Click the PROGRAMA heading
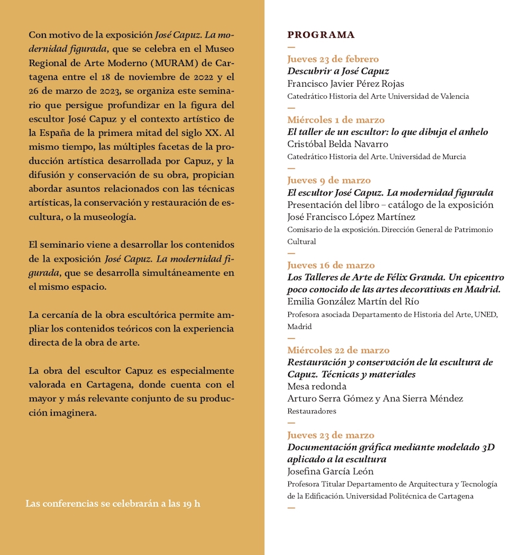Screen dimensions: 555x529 pyautogui.click(x=321, y=35)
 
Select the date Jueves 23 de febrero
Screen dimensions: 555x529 pyautogui.click(x=333, y=59)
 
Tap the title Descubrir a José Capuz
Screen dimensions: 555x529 pyautogui.click(x=338, y=71)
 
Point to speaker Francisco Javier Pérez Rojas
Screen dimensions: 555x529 pyautogui.click(x=345, y=84)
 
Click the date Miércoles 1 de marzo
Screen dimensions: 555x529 pyautogui.click(x=336, y=120)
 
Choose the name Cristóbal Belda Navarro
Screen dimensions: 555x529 pyautogui.click(x=338, y=144)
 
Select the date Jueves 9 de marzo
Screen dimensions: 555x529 pyautogui.click(x=329, y=181)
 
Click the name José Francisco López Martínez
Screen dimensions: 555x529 pyautogui.click(x=351, y=217)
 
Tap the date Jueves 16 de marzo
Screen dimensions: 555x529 pyautogui.click(x=331, y=265)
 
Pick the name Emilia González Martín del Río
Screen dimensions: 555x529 pyautogui.click(x=353, y=302)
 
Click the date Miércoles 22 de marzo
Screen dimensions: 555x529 pyautogui.click(x=339, y=350)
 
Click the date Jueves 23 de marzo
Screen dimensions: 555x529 pyautogui.click(x=331, y=436)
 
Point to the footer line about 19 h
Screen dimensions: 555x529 pyautogui.click(x=113, y=503)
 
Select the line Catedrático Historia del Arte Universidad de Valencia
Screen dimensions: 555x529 pyautogui.click(x=378, y=96)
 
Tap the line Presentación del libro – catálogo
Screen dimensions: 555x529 pyautogui.click(x=390, y=205)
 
